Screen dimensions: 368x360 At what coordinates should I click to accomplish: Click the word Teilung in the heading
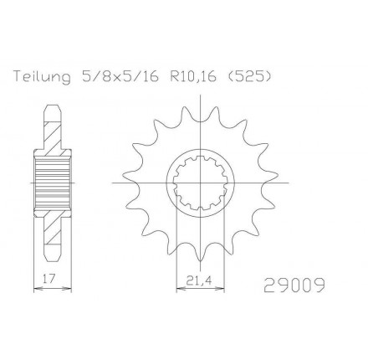click(42, 77)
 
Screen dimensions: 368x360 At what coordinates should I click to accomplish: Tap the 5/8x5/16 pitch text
click(120, 76)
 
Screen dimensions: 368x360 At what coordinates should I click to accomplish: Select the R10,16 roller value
click(193, 76)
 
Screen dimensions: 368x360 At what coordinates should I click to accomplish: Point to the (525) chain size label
click(249, 76)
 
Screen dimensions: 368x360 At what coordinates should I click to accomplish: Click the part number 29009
click(294, 285)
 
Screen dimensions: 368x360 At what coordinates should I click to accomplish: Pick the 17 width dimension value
click(49, 278)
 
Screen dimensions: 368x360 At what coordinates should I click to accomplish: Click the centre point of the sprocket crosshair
click(201, 183)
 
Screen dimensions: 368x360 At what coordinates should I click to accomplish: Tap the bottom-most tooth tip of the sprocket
click(201, 261)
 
